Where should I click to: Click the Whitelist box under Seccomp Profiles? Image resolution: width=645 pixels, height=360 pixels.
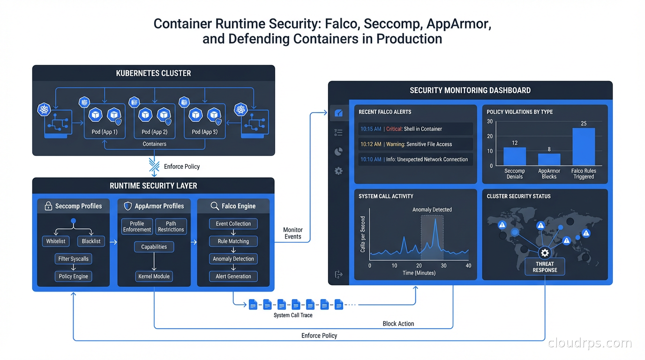click(55, 241)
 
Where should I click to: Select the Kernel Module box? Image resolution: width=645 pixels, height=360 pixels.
click(154, 277)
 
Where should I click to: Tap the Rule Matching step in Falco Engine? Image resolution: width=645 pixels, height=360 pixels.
click(233, 241)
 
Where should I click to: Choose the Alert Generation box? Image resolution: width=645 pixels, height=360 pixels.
click(233, 277)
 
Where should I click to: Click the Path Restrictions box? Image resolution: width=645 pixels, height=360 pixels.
click(171, 226)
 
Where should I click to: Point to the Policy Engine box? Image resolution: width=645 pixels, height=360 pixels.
click(73, 277)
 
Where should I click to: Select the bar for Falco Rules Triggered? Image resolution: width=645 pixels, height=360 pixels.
click(584, 147)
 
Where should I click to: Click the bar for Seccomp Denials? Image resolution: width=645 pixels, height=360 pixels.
click(515, 157)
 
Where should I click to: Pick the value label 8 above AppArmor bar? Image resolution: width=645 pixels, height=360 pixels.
click(549, 150)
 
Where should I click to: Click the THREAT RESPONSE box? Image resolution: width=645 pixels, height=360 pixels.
click(545, 267)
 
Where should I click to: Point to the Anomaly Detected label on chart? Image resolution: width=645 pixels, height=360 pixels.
click(432, 210)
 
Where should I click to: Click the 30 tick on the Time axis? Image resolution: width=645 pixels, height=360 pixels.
click(443, 266)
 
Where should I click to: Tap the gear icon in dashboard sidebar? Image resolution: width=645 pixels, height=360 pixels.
click(338, 171)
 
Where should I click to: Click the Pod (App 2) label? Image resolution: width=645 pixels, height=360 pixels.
click(154, 132)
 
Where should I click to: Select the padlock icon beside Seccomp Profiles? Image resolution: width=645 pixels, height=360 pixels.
click(48, 206)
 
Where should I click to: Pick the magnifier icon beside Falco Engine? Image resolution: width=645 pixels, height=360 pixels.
click(215, 206)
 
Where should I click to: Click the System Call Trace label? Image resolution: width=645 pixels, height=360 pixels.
click(293, 315)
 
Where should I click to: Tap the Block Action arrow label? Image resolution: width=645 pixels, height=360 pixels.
click(398, 323)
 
